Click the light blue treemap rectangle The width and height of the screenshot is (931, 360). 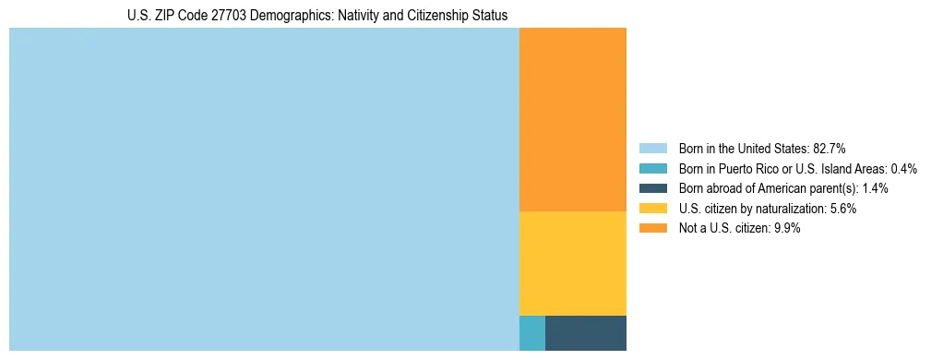[264, 189]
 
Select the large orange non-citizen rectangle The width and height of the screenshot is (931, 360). [573, 120]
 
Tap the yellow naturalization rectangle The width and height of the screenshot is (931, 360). [573, 264]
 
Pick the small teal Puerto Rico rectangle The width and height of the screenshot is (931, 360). [532, 333]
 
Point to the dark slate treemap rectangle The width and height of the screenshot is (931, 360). [586, 333]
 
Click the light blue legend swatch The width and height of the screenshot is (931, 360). [652, 149]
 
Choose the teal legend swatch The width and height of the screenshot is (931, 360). [652, 169]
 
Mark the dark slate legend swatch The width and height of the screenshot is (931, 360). [652, 188]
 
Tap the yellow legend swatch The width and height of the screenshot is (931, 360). [652, 209]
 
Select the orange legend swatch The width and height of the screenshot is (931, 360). [652, 229]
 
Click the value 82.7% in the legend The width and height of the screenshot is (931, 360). [829, 149]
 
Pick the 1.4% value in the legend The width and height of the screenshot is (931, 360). [875, 188]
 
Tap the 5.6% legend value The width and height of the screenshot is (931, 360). [842, 209]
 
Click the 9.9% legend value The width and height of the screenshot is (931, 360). [786, 229]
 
